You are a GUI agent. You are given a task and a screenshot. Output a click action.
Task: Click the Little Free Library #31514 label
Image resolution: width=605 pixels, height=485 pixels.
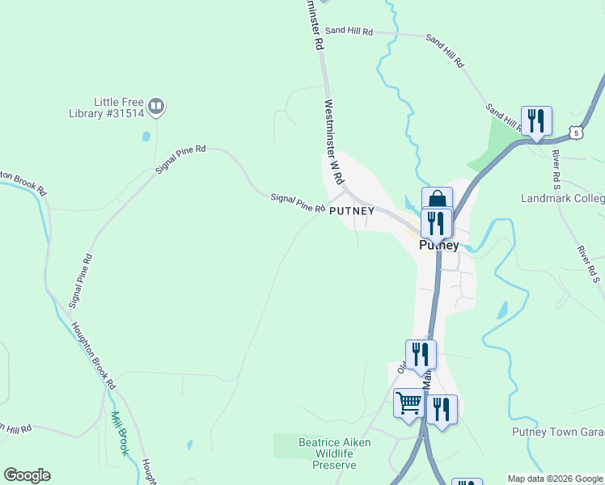[x=118, y=108]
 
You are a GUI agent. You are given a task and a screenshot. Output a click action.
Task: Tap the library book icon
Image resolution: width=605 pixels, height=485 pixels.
[x=156, y=105]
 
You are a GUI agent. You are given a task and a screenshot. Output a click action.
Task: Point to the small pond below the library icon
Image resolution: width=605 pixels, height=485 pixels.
[x=146, y=137]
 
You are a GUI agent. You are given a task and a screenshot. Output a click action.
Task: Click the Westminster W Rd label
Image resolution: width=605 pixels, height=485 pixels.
[x=334, y=141]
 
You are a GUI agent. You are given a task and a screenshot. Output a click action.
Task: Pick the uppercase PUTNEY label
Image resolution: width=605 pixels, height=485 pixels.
[x=352, y=211]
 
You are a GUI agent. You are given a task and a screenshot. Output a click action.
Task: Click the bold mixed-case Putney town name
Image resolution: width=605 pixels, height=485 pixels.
[x=439, y=245]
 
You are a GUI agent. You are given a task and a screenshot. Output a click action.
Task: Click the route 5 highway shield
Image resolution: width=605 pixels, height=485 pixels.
[x=575, y=132]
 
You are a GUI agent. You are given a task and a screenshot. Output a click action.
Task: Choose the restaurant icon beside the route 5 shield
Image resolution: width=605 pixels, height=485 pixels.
[x=536, y=120]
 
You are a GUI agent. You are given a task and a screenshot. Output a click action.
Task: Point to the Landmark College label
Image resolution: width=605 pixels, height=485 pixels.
[x=563, y=198]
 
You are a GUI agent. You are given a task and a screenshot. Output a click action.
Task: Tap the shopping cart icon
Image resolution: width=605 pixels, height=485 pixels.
[x=409, y=402]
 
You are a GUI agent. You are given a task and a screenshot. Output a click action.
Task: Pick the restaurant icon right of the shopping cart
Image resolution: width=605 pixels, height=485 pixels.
[x=441, y=408]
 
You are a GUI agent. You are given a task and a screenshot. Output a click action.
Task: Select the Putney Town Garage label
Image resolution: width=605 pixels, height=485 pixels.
[x=558, y=432]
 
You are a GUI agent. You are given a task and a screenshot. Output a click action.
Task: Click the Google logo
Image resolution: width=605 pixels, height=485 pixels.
[x=27, y=475]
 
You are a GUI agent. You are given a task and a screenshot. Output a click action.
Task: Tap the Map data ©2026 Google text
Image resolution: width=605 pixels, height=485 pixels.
[x=555, y=479]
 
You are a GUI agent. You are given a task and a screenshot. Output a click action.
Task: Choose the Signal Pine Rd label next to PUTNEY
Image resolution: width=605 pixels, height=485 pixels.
[x=298, y=202]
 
